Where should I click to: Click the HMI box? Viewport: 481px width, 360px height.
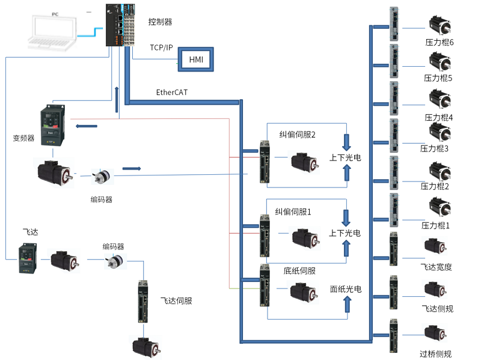(196, 59)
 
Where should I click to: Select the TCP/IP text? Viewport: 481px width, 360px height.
(161, 47)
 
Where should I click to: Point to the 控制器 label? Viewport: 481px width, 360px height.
(160, 22)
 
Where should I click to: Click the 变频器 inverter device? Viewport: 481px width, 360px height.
(51, 126)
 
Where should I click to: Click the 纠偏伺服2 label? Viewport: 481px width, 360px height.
(298, 135)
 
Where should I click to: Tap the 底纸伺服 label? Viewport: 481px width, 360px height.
(300, 270)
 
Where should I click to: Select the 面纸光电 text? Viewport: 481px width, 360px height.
(345, 289)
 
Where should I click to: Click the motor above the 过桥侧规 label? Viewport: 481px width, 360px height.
(435, 334)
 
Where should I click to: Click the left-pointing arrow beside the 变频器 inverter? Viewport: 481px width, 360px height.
(87, 126)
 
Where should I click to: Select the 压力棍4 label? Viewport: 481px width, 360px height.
(438, 117)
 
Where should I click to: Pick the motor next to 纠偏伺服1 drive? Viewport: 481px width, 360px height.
(304, 237)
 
